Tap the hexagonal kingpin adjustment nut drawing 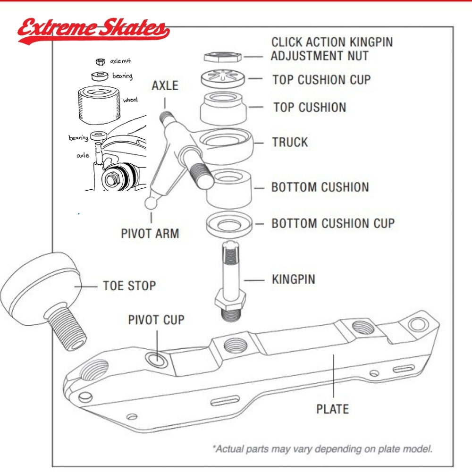223,57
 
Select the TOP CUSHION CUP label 321,79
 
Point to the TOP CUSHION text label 309,107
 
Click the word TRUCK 290,142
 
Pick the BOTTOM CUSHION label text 320,187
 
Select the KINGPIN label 293,279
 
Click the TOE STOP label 129,286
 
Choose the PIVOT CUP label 156,320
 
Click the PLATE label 332,409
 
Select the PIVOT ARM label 150,233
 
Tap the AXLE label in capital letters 165,85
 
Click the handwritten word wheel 130,100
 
